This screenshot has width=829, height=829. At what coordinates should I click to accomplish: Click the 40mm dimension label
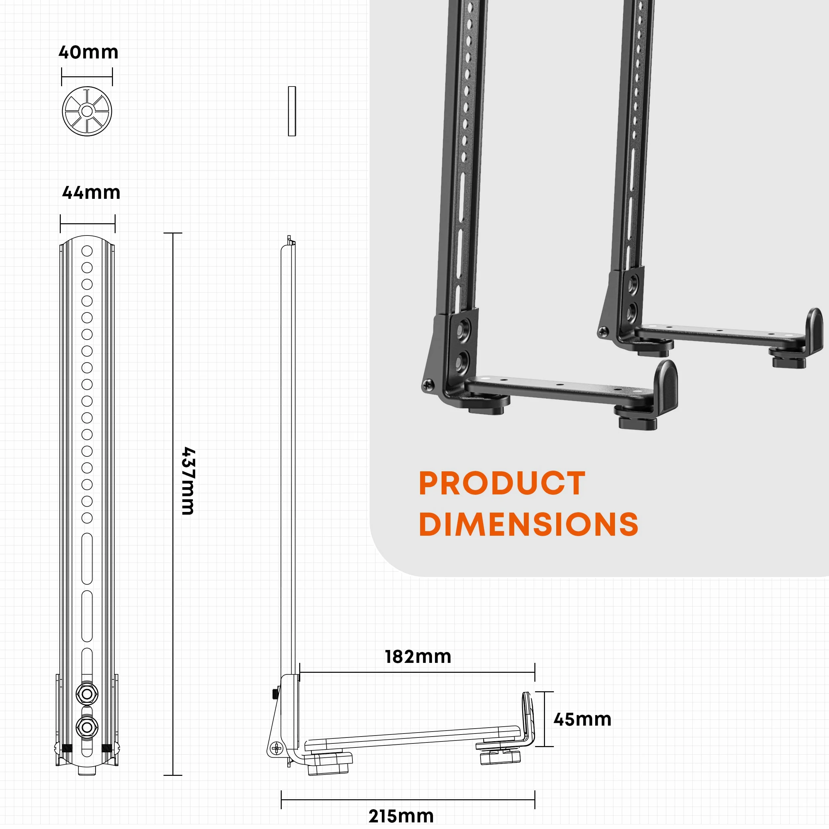[89, 52]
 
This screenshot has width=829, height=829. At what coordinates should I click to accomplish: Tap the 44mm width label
[91, 193]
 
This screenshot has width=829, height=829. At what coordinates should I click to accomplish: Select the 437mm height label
[188, 481]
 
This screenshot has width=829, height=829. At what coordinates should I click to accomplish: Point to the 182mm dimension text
[418, 657]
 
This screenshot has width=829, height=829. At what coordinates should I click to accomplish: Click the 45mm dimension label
[582, 720]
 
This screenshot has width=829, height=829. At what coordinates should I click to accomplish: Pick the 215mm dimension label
[401, 816]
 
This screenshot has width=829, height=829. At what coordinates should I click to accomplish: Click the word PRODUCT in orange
[502, 484]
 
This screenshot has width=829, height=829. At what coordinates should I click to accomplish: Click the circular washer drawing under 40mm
[87, 111]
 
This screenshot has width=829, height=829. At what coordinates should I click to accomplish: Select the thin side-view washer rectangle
[292, 111]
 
